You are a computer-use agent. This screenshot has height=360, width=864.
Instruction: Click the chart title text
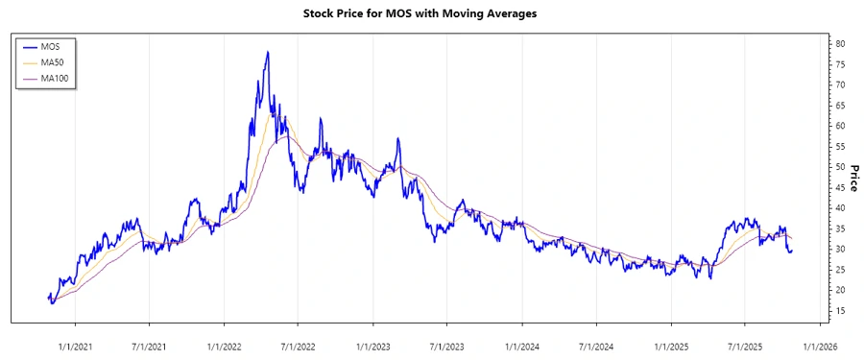point(431,14)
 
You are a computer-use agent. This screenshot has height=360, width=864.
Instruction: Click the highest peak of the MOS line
point(267,52)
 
